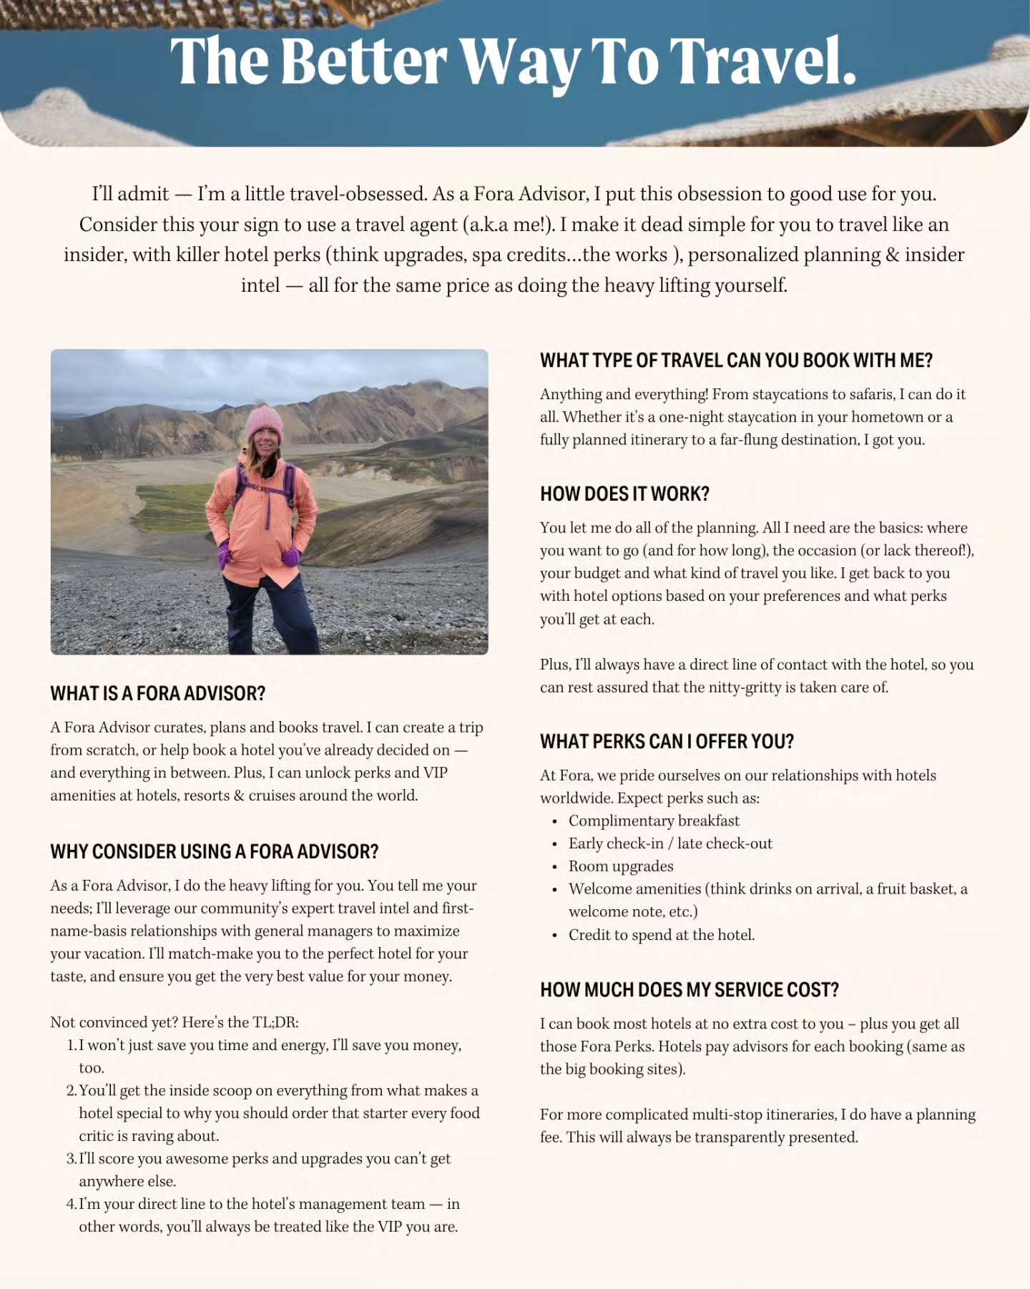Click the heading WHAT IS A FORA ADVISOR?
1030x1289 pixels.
click(x=157, y=693)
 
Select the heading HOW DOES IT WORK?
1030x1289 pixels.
click(x=624, y=494)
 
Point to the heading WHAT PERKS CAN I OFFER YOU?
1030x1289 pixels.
click(x=667, y=741)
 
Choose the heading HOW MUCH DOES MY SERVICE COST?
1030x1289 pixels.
click(x=689, y=989)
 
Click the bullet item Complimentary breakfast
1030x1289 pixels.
click(x=654, y=820)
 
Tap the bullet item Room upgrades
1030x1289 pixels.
click(x=621, y=866)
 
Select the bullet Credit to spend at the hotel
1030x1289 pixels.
click(x=662, y=935)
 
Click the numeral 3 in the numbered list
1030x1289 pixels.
click(x=71, y=1159)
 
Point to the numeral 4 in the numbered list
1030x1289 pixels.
click(x=71, y=1205)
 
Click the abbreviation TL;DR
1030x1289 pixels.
click(x=275, y=1022)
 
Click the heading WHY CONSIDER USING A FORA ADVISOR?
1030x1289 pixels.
click(x=214, y=851)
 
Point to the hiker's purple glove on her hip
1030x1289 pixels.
click(x=291, y=556)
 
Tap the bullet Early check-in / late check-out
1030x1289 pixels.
click(x=670, y=843)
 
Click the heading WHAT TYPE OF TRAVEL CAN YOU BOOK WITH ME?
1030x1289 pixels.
click(x=736, y=360)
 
